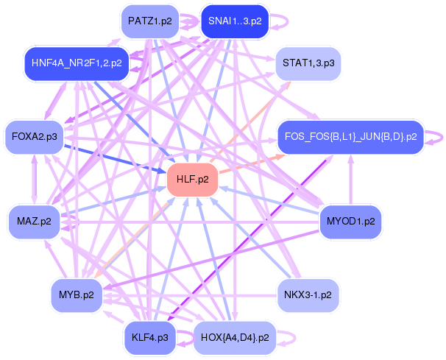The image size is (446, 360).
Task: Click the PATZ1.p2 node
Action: [149, 21]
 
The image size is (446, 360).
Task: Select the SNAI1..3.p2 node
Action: [235, 21]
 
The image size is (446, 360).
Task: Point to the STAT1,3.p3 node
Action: [308, 64]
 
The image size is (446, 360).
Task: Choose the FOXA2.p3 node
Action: [35, 136]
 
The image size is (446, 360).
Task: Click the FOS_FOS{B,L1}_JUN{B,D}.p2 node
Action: [350, 136]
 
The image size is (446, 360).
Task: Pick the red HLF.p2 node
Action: [193, 179]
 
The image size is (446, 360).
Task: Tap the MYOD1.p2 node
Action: [350, 221]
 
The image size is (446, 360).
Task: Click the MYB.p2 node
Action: [77, 295]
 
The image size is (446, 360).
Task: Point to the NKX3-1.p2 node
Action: [308, 295]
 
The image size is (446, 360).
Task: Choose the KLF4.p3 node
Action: [149, 339]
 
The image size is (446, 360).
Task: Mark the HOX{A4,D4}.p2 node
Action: [235, 339]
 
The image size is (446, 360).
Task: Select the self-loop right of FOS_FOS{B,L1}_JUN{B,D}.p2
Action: [439, 136]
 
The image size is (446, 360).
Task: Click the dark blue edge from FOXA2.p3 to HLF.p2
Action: [110, 156]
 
